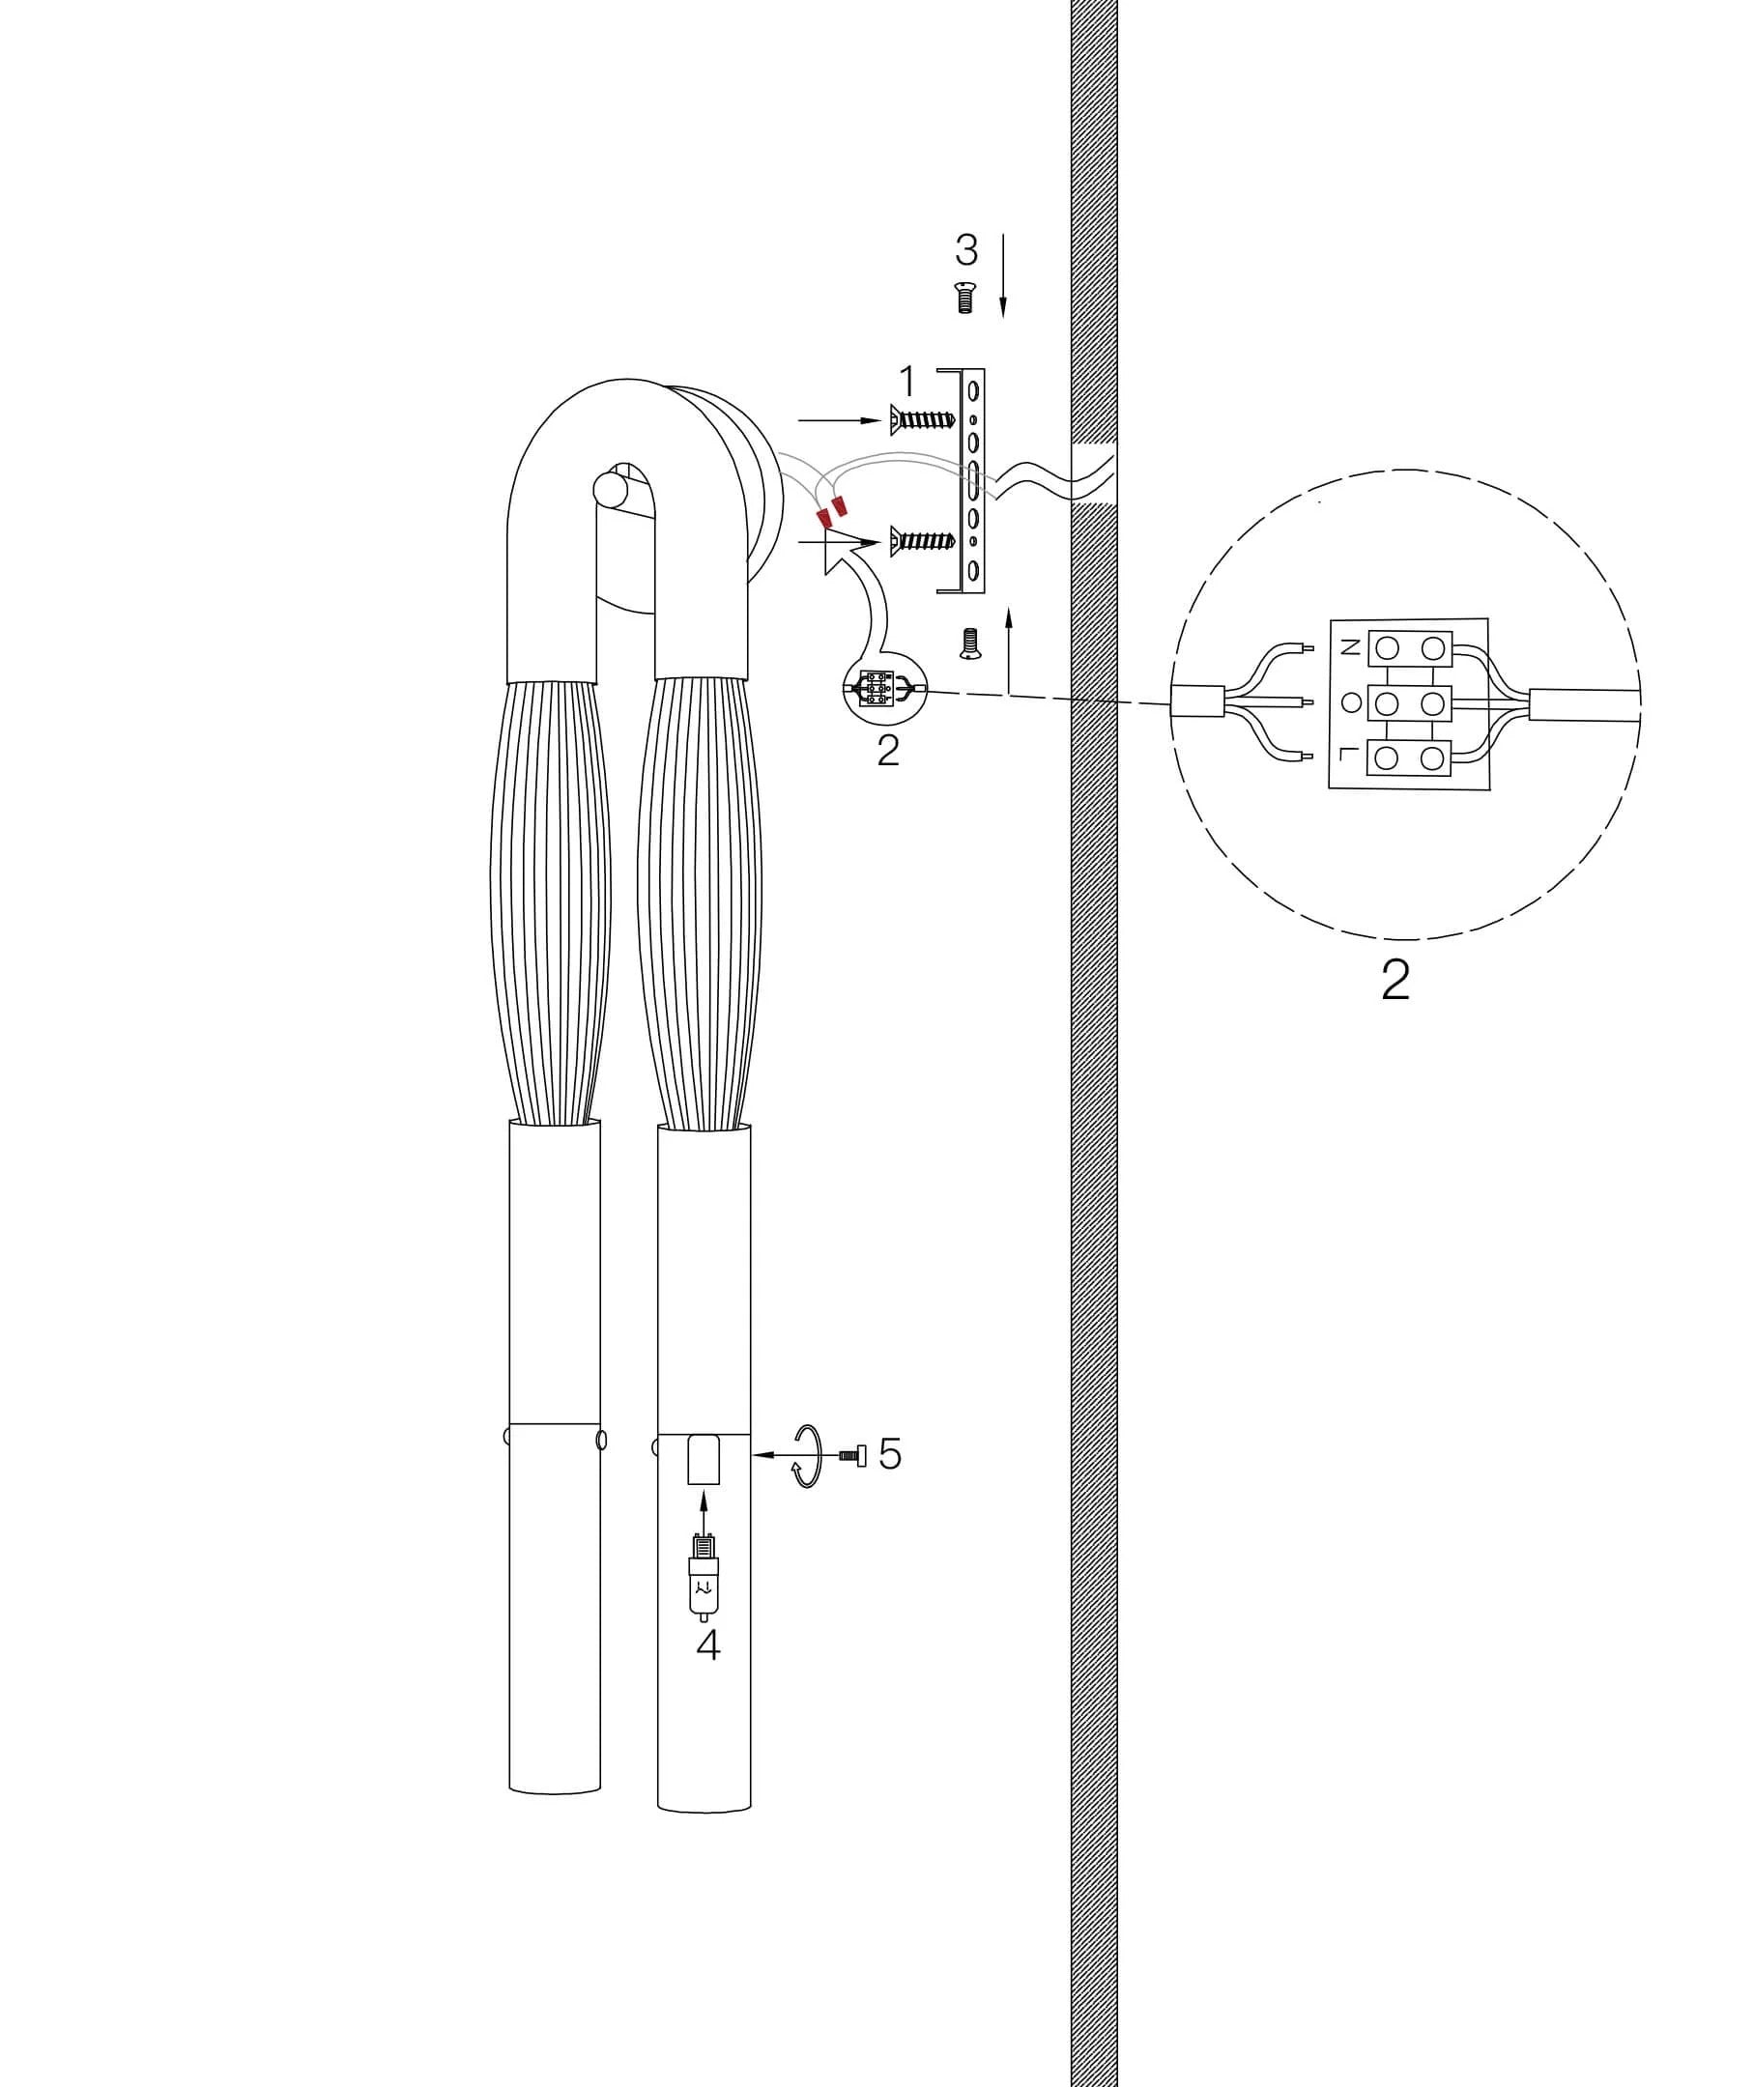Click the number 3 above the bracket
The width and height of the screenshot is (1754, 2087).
coord(965,249)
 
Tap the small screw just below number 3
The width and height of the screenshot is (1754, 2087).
coord(964,298)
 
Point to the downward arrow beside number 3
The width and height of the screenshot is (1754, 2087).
coord(1002,275)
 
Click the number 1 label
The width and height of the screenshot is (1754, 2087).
coord(906,381)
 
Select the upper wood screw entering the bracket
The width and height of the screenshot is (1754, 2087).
coord(924,420)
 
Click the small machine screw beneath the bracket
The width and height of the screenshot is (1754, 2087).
coord(969,643)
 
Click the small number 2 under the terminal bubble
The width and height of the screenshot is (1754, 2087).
coord(888,750)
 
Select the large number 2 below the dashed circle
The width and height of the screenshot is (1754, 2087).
coord(1395,981)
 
